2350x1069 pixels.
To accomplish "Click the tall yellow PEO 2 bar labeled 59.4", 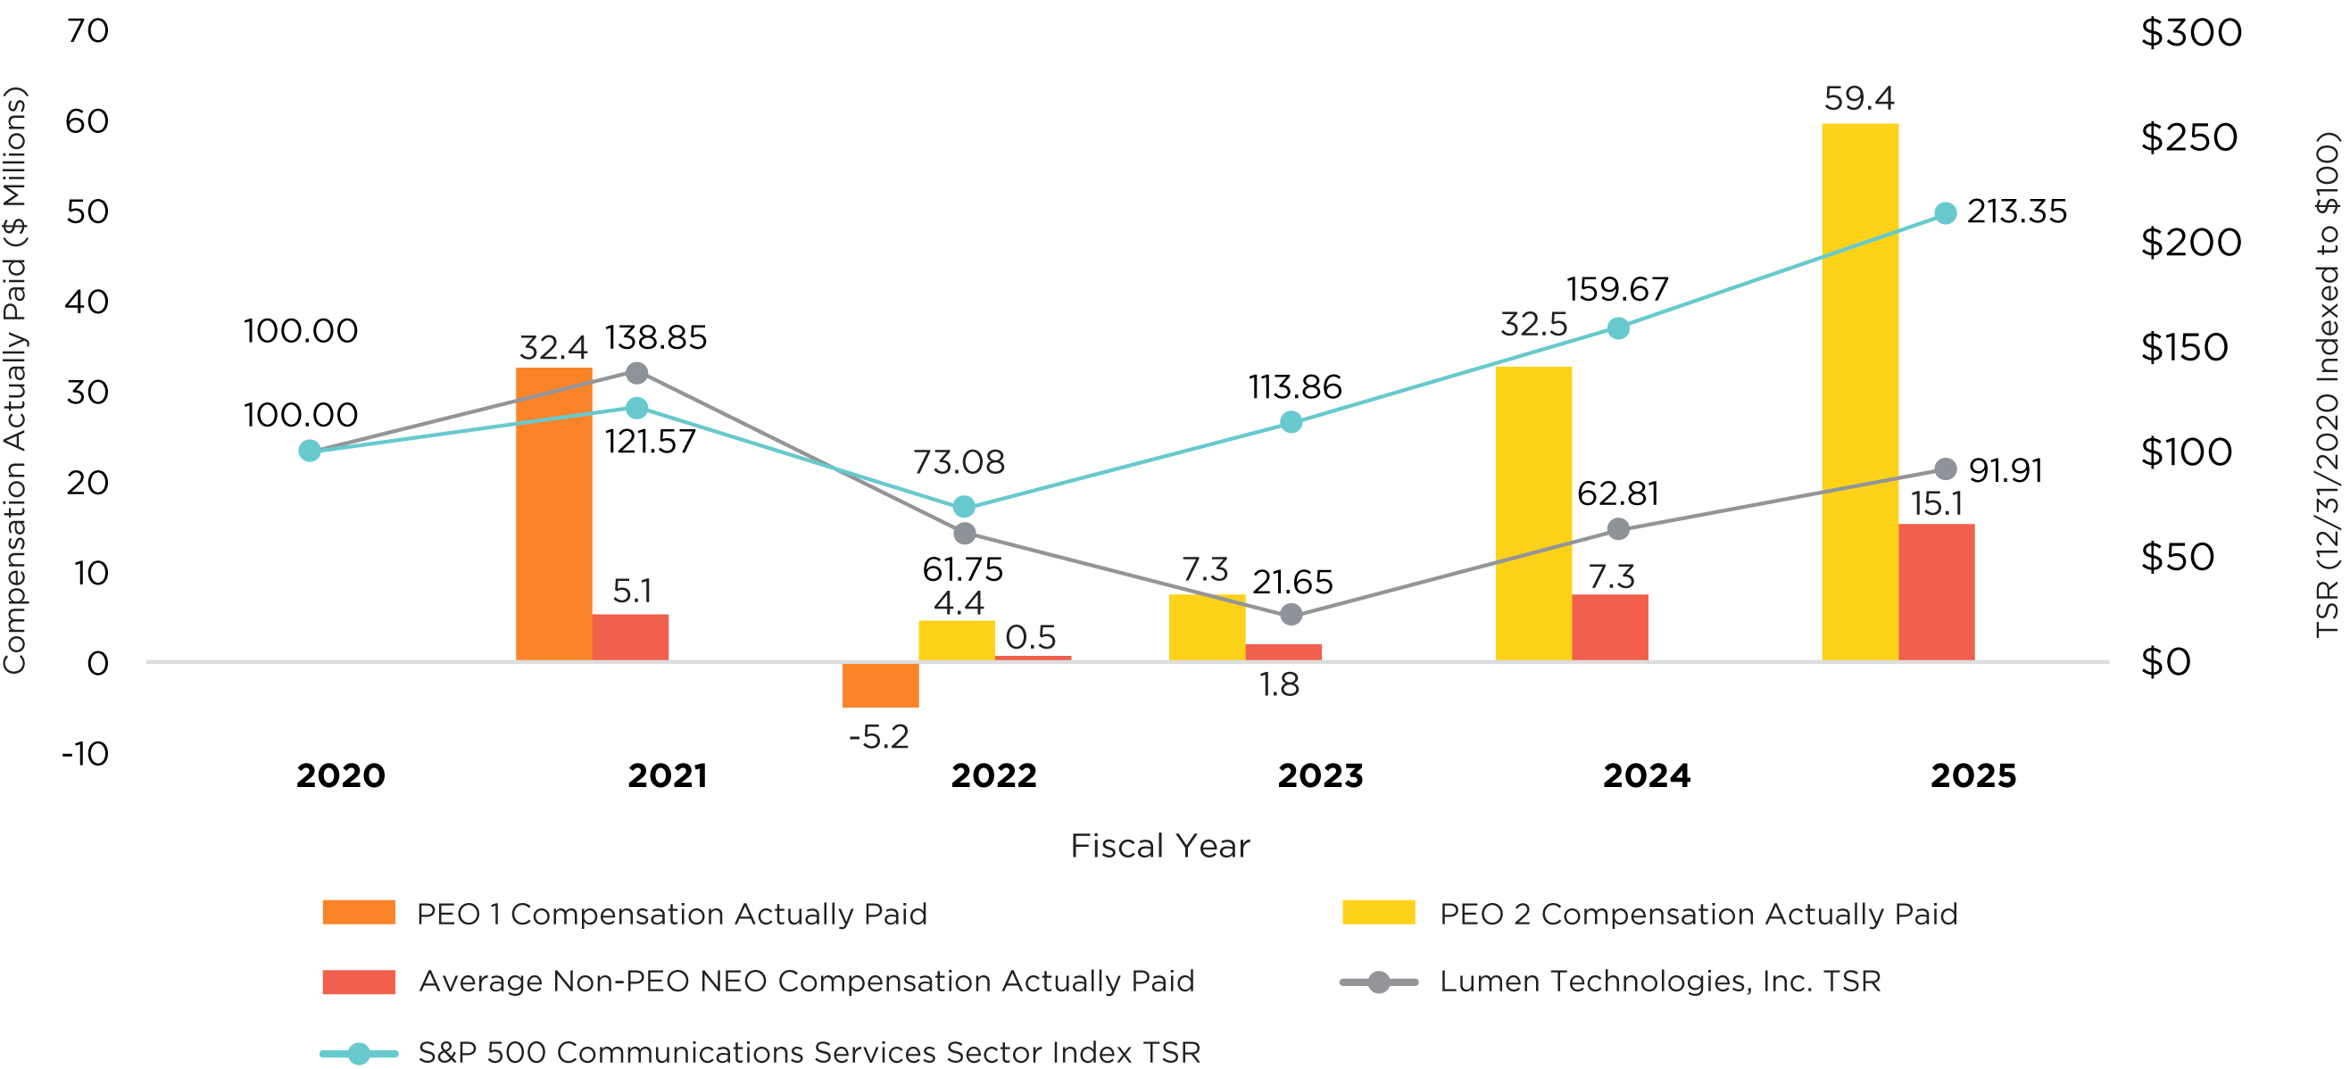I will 1859,393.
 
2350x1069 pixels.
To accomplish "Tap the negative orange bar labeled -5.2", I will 880,685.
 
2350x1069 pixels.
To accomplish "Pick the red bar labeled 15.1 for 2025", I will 1936,592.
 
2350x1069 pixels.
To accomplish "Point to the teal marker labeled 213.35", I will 1945,213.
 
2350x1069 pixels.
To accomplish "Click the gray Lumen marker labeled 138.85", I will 636,373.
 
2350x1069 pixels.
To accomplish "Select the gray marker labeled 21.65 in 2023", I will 1291,615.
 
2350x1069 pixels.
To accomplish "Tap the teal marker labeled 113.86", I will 1291,422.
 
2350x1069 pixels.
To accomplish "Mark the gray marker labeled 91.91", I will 1945,468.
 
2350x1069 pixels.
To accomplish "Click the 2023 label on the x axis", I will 1320,776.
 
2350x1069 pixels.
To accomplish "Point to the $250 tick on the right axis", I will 2188,137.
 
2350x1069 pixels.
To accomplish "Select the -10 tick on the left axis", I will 86,754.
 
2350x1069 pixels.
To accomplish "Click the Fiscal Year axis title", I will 1159,847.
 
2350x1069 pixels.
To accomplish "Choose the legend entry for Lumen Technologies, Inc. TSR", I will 1659,982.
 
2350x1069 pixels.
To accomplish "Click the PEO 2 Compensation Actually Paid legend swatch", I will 1378,913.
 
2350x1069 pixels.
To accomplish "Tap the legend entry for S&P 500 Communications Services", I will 809,1053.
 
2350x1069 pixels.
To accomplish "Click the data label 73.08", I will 959,462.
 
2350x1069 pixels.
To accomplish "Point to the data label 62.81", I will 1617,494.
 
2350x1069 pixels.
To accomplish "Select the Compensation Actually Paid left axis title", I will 15,380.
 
